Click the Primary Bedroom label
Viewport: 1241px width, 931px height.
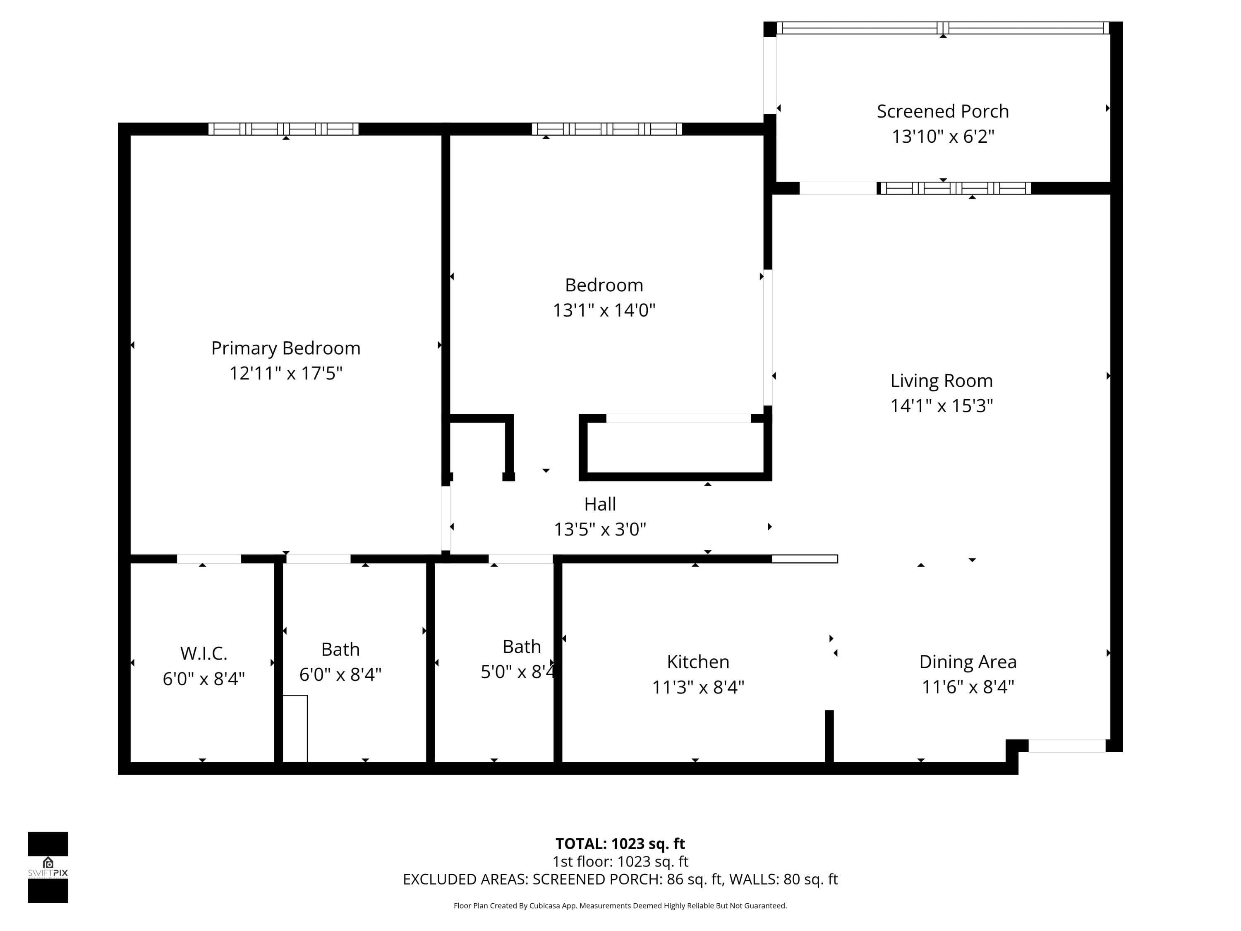tap(285, 348)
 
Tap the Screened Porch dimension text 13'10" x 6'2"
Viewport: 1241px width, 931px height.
tap(943, 137)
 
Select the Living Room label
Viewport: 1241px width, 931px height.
tap(942, 381)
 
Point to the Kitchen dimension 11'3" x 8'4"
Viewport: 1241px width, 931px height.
tap(698, 687)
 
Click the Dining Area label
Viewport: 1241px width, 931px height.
tap(968, 662)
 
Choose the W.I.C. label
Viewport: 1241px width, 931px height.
tap(204, 653)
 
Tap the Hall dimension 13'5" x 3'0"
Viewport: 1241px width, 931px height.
tap(600, 529)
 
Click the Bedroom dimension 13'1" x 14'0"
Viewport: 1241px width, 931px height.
tap(604, 310)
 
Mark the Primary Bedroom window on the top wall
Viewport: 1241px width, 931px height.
tap(284, 129)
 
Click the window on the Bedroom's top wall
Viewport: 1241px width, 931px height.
tap(607, 129)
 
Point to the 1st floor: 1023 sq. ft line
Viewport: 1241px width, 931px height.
tap(620, 861)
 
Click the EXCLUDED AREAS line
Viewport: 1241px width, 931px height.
tap(620, 879)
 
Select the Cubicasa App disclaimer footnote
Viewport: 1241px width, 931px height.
tap(620, 906)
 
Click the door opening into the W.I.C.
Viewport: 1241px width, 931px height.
tap(209, 559)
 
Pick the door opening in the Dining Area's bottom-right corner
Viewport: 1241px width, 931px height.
tap(1067, 746)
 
